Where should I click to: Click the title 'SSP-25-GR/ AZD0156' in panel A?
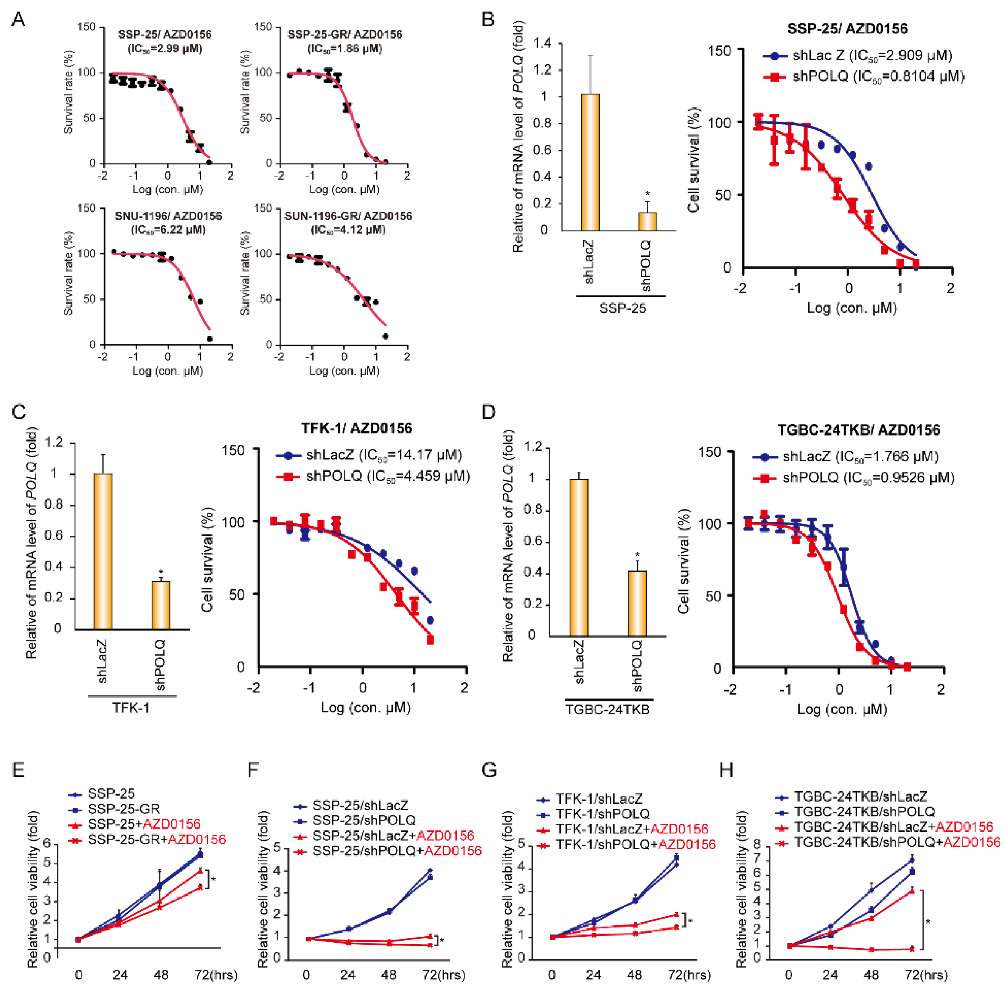point(345,35)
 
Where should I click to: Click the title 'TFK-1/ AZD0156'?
point(357,428)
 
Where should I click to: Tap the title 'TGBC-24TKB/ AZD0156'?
point(858,430)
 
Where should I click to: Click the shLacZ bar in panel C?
point(103,551)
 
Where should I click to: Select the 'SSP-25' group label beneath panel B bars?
point(623,308)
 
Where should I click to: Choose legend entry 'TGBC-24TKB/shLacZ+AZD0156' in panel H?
point(893,827)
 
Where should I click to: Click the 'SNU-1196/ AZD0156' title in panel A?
point(168,216)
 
